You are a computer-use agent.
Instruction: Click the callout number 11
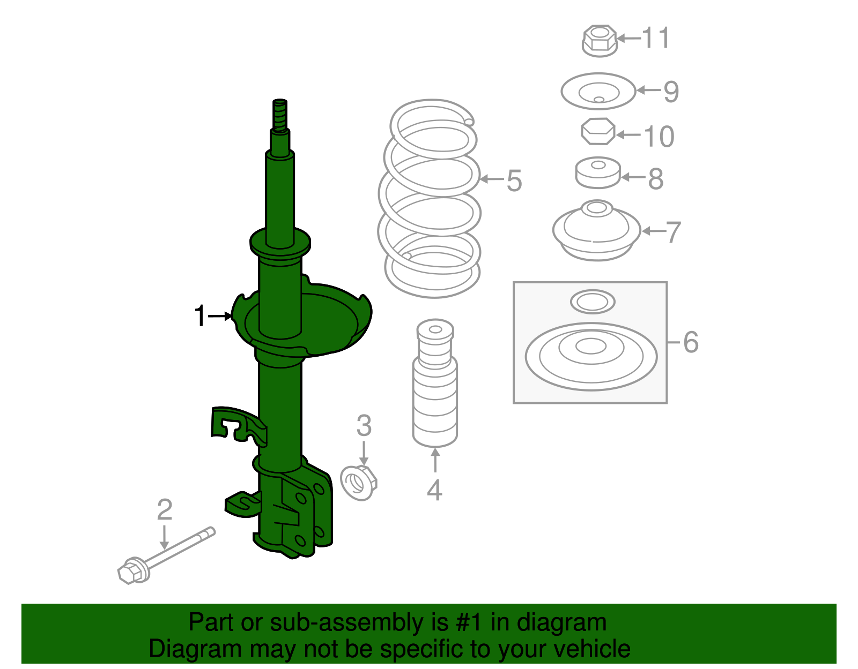(x=656, y=38)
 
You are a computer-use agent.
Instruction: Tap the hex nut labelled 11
(x=599, y=40)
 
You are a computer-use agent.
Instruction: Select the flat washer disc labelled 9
(x=598, y=92)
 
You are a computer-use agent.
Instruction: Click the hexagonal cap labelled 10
(x=598, y=132)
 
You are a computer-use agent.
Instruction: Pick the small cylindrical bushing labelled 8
(x=598, y=173)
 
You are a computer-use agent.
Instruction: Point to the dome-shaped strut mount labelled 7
(x=597, y=232)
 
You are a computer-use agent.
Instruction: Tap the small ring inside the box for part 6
(x=593, y=302)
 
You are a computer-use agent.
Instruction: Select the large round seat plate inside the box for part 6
(x=591, y=357)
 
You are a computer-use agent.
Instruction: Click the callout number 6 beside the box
(x=691, y=342)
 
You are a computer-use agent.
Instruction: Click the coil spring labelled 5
(x=432, y=198)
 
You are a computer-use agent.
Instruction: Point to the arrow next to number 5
(x=491, y=179)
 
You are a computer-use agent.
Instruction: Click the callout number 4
(x=434, y=490)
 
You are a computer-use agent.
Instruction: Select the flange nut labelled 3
(x=359, y=483)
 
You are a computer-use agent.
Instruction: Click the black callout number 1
(x=200, y=316)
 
